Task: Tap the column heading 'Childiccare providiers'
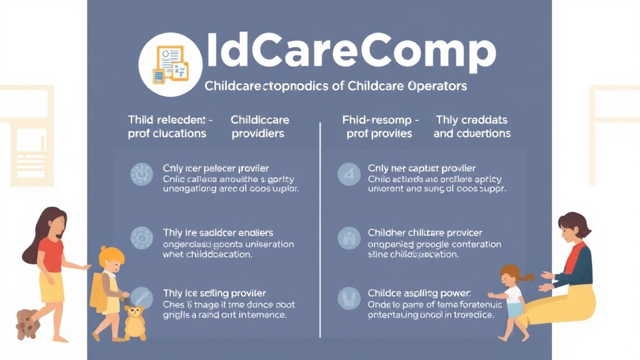(259, 126)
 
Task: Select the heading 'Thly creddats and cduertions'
(472, 126)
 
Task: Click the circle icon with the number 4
(349, 174)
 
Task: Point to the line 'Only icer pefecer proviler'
(216, 168)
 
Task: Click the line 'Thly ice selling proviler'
(214, 293)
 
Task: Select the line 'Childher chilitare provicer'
(426, 233)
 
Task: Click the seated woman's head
(574, 228)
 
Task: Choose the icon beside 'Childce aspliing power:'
(349, 298)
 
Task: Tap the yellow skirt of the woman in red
(52, 287)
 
